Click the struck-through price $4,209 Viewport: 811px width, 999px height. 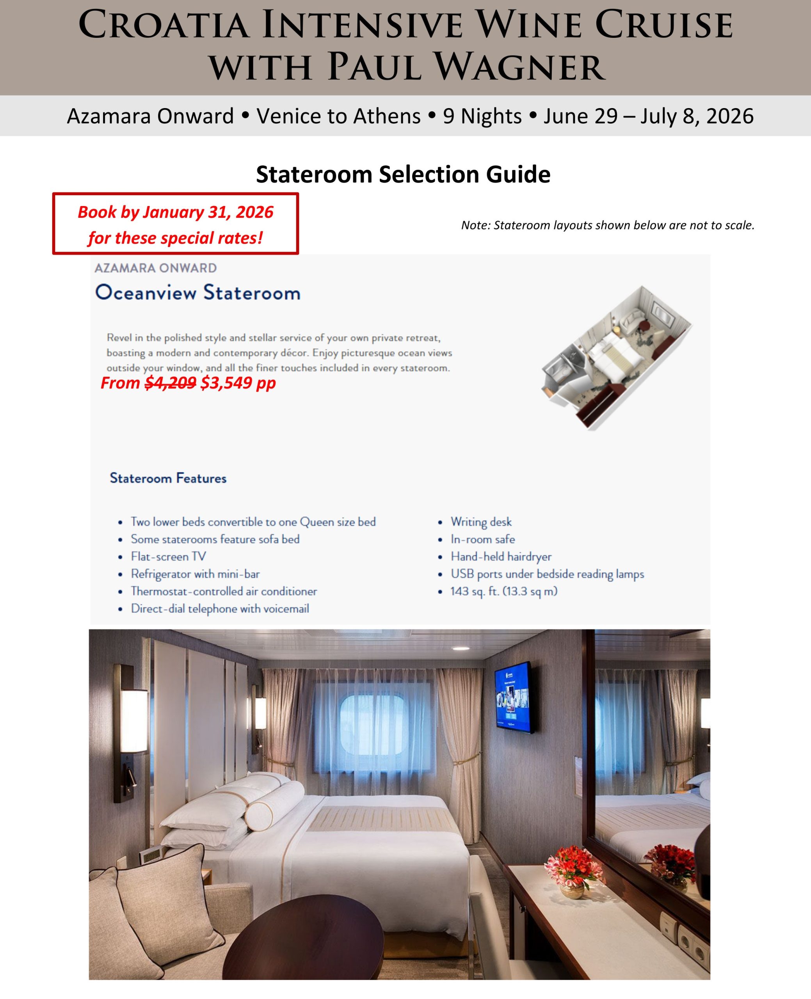pyautogui.click(x=170, y=383)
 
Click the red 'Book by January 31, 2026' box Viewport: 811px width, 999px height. pyautogui.click(x=175, y=224)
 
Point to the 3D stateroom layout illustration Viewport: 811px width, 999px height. pyautogui.click(x=616, y=357)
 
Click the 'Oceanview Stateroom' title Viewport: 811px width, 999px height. pyautogui.click(x=197, y=293)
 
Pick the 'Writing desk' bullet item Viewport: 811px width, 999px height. pyautogui.click(x=481, y=522)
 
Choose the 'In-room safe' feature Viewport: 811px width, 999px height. pyautogui.click(x=483, y=539)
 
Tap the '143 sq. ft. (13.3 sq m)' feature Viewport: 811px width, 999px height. pyautogui.click(x=503, y=591)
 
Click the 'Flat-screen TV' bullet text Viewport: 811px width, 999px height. pyautogui.click(x=168, y=556)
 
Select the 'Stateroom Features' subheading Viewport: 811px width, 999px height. pyautogui.click(x=168, y=478)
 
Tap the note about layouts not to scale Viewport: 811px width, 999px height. pyautogui.click(x=607, y=225)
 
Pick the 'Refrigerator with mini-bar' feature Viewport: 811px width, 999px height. pyautogui.click(x=195, y=574)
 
